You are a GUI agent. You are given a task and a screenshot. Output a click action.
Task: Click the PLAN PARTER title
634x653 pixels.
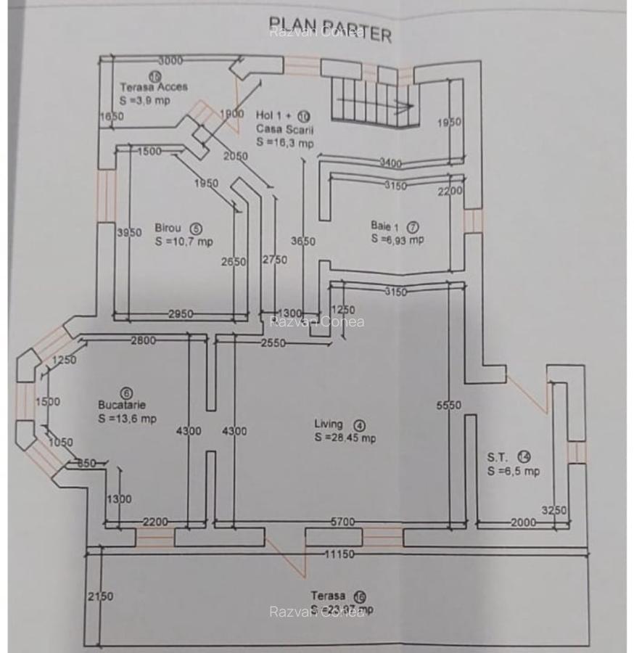click(330, 29)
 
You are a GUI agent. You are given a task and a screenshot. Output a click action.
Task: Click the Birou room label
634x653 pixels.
click(168, 228)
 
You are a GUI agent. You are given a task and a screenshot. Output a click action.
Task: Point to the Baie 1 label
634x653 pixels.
click(384, 226)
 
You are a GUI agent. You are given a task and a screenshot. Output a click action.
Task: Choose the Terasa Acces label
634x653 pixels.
click(153, 87)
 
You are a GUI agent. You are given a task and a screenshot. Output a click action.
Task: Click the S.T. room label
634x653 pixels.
click(497, 457)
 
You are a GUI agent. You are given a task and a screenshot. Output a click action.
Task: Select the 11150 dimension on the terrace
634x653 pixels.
click(338, 554)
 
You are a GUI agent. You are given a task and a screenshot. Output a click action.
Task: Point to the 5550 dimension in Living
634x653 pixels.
click(448, 406)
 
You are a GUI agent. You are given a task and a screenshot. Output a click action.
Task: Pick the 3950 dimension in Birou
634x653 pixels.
click(129, 232)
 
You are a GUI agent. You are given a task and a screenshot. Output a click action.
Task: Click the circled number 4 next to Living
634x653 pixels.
click(359, 425)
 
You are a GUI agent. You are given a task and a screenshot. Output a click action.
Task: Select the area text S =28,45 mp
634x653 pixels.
click(345, 438)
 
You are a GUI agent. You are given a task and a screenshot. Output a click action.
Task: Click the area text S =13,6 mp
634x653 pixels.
click(127, 419)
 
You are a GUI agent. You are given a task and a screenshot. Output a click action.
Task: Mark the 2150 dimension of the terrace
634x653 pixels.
click(100, 596)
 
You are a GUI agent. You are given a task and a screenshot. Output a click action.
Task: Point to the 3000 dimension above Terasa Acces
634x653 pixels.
click(170, 61)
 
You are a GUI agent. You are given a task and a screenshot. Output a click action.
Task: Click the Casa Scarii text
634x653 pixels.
click(284, 129)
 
